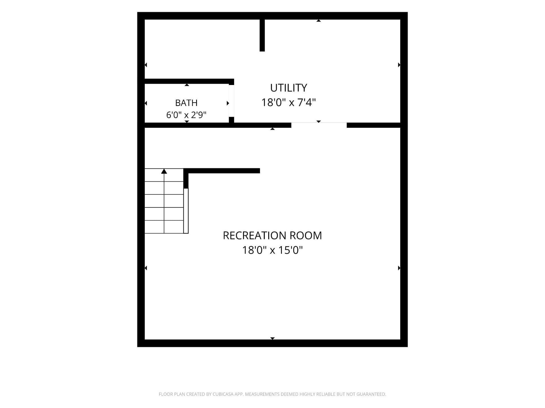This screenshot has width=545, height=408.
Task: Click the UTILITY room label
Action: click(x=288, y=88)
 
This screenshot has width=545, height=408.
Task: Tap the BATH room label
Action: click(x=186, y=103)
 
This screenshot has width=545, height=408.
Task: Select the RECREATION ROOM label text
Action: click(x=272, y=235)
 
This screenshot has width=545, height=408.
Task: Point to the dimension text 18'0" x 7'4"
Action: click(x=288, y=102)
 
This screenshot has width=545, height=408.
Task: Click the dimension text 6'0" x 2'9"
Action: click(x=186, y=115)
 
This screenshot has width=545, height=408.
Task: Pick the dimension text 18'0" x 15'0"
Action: click(x=272, y=250)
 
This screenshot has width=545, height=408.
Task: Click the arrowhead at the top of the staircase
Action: click(x=164, y=171)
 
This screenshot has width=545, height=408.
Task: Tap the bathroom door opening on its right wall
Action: click(x=232, y=101)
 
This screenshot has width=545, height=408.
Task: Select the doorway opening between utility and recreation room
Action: click(x=319, y=125)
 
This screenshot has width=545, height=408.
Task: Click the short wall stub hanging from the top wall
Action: click(x=262, y=35)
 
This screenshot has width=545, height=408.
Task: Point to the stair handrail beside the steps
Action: click(x=186, y=211)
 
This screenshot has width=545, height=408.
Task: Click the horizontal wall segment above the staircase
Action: click(x=222, y=171)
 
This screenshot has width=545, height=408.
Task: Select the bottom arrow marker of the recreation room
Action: click(x=272, y=338)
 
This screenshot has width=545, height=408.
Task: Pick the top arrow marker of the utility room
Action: click(x=319, y=21)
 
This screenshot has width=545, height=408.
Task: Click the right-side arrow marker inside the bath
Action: click(x=228, y=103)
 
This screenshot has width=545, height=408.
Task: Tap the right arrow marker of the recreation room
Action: click(x=399, y=268)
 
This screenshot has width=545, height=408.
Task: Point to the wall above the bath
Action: click(x=189, y=81)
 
